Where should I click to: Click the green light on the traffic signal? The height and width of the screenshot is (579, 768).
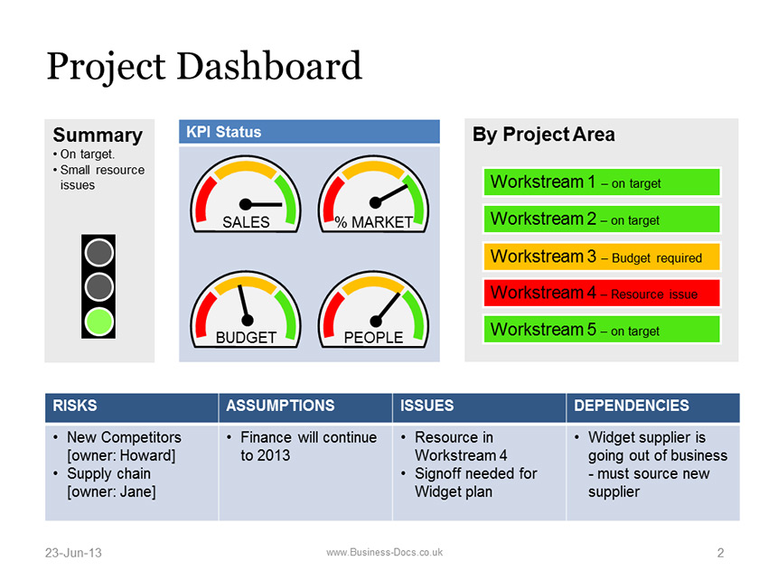(x=99, y=322)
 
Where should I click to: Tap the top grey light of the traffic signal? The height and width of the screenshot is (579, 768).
(x=99, y=253)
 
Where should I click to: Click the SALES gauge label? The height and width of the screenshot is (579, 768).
(x=246, y=222)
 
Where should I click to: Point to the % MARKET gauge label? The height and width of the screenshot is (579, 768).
(x=374, y=222)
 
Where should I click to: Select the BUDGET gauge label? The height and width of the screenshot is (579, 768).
(x=246, y=338)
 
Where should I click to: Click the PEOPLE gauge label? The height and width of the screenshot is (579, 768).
(x=374, y=338)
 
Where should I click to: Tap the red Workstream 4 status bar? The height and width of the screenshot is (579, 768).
(x=602, y=293)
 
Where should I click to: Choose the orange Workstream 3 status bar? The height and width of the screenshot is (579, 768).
(x=602, y=257)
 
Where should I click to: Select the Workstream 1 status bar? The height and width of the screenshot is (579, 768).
(x=602, y=182)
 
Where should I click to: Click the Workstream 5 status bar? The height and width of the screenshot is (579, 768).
(x=602, y=329)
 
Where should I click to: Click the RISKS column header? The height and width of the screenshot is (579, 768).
(x=75, y=406)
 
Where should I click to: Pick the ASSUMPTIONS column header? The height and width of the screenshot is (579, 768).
(x=280, y=406)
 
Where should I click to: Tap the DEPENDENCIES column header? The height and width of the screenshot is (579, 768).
(x=632, y=406)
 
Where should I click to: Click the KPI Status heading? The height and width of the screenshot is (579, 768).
(x=223, y=132)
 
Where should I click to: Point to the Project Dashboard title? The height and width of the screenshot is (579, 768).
(x=204, y=66)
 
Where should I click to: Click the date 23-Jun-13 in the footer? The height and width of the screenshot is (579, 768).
(x=73, y=553)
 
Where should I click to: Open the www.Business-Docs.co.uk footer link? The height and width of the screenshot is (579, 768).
(x=385, y=552)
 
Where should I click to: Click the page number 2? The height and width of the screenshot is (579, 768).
(x=720, y=553)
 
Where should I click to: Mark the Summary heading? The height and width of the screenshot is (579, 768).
(x=98, y=135)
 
